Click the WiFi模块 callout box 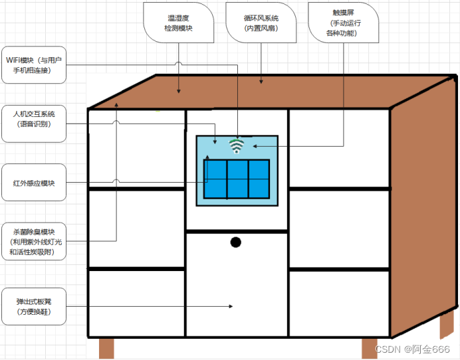tap(34, 65)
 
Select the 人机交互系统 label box tap(34, 124)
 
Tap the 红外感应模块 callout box tap(34, 183)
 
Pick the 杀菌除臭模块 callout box tap(34, 241)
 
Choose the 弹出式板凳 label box tap(34, 306)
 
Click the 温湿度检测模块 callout tap(178, 23)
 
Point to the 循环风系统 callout tap(261, 23)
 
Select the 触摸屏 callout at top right tap(343, 23)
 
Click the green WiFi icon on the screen tap(237, 146)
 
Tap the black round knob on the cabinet tap(236, 242)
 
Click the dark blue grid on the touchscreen tap(237, 179)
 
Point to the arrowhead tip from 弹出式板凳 tap(233, 306)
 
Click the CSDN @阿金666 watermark tap(412, 349)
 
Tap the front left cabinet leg tap(106, 348)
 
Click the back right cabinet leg tap(447, 324)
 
